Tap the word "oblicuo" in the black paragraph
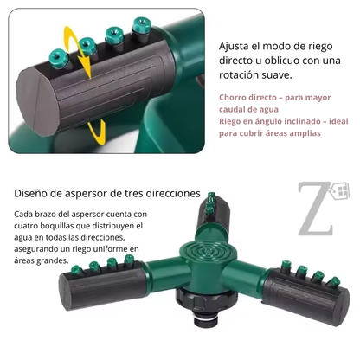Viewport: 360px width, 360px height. point(282,61)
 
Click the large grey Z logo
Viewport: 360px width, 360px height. point(316,209)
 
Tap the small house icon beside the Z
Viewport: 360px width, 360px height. point(340,190)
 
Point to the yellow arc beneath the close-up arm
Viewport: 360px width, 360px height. point(98,133)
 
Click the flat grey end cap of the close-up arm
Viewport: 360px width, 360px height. point(36,102)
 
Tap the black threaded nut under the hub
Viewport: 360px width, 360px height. point(205,300)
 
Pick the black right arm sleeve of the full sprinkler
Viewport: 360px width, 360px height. point(305,296)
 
